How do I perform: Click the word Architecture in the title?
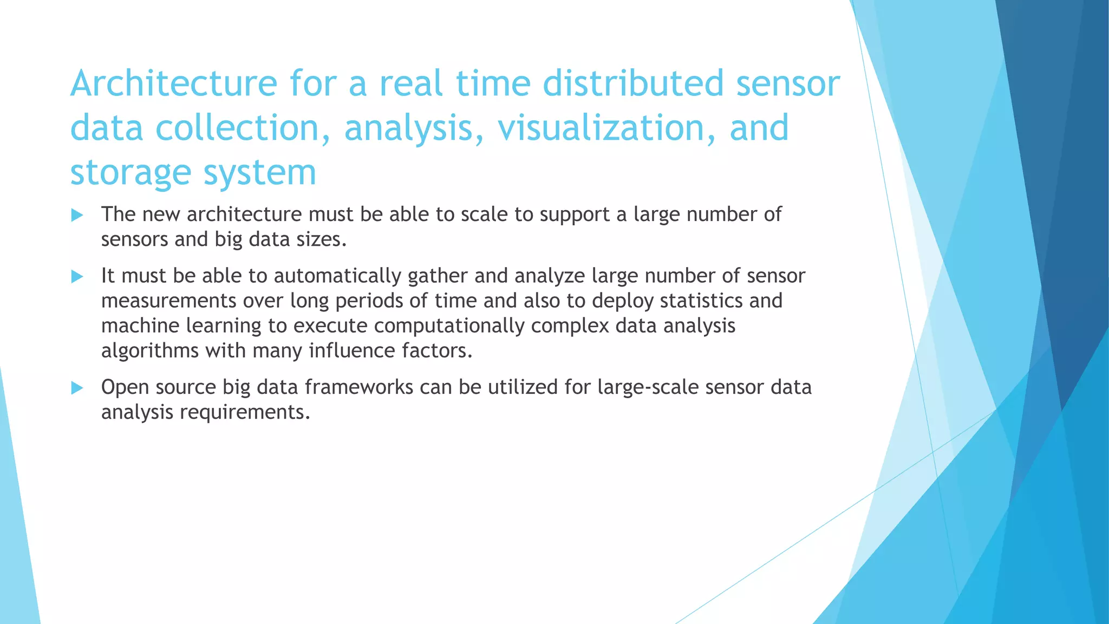pos(173,84)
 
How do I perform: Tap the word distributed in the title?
pos(632,84)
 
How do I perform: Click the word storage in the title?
pos(130,173)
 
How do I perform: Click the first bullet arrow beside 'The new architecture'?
pos(77,215)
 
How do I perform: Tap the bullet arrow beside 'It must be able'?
pos(77,277)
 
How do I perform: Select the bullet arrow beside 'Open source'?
pos(77,388)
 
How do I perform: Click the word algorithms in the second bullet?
pos(150,351)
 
